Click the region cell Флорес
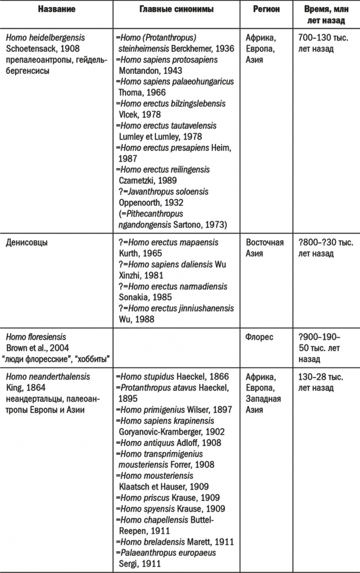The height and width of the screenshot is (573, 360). tap(260, 338)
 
